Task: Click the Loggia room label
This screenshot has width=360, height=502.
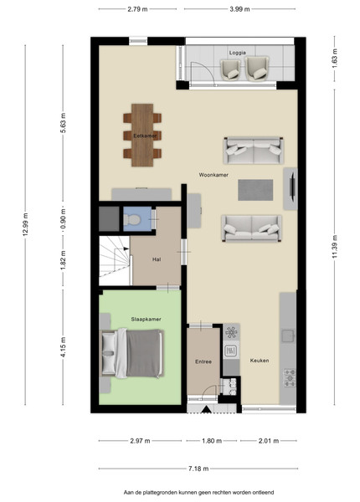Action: [x=237, y=53]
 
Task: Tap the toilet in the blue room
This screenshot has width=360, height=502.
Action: [x=132, y=219]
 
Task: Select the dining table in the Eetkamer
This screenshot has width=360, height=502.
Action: [x=142, y=135]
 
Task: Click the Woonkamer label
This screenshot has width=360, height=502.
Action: [x=213, y=175]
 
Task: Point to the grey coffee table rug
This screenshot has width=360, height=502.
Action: [x=255, y=190]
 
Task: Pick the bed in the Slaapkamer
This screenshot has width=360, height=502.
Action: [x=132, y=353]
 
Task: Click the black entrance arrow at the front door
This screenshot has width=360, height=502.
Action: [x=206, y=409]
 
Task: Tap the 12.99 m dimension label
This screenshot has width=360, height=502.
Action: [x=26, y=224]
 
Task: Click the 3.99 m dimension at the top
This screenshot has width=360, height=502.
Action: [x=239, y=9]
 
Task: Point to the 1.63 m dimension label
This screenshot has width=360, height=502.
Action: [x=335, y=58]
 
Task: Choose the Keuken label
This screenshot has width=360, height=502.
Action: [x=260, y=361]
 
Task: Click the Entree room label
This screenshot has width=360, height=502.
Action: [x=203, y=361]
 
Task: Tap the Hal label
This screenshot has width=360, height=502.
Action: [x=157, y=259]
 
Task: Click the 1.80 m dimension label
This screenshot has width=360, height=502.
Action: [x=212, y=441]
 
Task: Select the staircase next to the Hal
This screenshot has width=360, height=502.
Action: [x=115, y=260]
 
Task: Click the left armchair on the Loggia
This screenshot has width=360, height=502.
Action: [x=230, y=69]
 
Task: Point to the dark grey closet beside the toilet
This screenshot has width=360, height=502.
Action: [x=109, y=218]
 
